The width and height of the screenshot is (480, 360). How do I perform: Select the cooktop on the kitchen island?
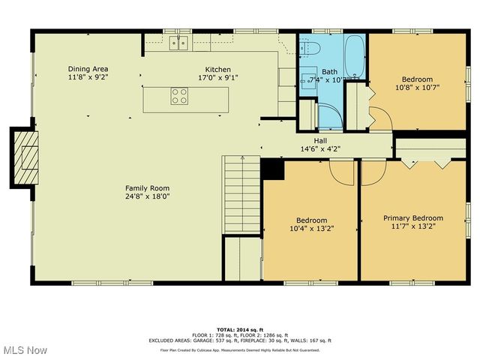point(179,96)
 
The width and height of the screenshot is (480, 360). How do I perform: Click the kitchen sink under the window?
point(178,43)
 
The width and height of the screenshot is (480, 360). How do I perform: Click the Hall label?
point(319,140)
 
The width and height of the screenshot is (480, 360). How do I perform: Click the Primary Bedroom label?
point(412,218)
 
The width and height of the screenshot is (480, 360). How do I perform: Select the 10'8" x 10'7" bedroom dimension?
point(416,88)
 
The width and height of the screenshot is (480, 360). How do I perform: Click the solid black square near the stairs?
point(271,170)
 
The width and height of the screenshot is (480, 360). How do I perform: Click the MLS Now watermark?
point(24,350)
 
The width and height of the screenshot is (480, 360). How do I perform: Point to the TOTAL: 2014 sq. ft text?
point(239,329)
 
